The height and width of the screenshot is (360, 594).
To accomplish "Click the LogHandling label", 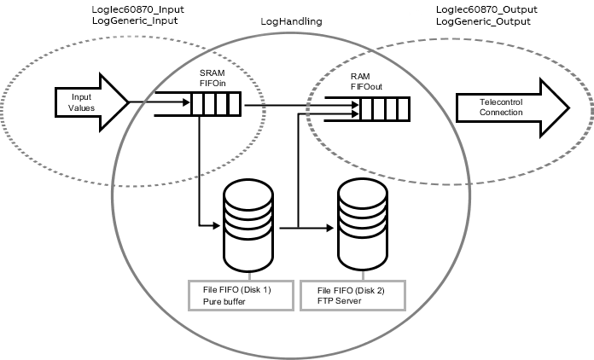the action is coord(291,21).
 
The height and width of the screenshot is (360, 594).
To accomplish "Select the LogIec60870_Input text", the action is coord(138,9).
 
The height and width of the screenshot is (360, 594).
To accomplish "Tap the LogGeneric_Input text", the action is coord(135,20).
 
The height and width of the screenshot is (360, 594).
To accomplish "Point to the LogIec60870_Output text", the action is coord(486,9).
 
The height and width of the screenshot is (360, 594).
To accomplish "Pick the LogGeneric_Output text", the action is coord(483,21).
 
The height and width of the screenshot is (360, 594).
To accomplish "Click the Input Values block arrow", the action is coord(91,102).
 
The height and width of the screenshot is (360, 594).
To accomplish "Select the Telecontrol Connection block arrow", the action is coord(513,107).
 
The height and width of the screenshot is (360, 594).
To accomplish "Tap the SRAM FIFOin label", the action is coord(213,78).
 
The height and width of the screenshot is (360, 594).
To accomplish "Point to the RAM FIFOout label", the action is coord(366,82).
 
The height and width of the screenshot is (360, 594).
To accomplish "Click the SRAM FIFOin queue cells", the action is coord(216,104).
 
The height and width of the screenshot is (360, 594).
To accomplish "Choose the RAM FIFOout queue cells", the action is coord(385,109).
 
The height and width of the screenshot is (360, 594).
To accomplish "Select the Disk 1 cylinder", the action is coord(248,225).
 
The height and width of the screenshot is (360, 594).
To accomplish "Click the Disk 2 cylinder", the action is coord(363,225).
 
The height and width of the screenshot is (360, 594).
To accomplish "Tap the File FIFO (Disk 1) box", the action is coord(241,296).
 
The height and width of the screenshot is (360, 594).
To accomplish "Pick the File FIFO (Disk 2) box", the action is coord(353,296).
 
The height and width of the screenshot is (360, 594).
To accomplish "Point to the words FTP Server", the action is coord(339,301).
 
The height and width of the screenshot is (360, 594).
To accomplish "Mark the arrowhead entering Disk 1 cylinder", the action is coord(216,225).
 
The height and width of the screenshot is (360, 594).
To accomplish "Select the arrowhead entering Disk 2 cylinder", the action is coord(330,228).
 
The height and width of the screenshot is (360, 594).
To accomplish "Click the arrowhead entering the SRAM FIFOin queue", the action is coord(186,102).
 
